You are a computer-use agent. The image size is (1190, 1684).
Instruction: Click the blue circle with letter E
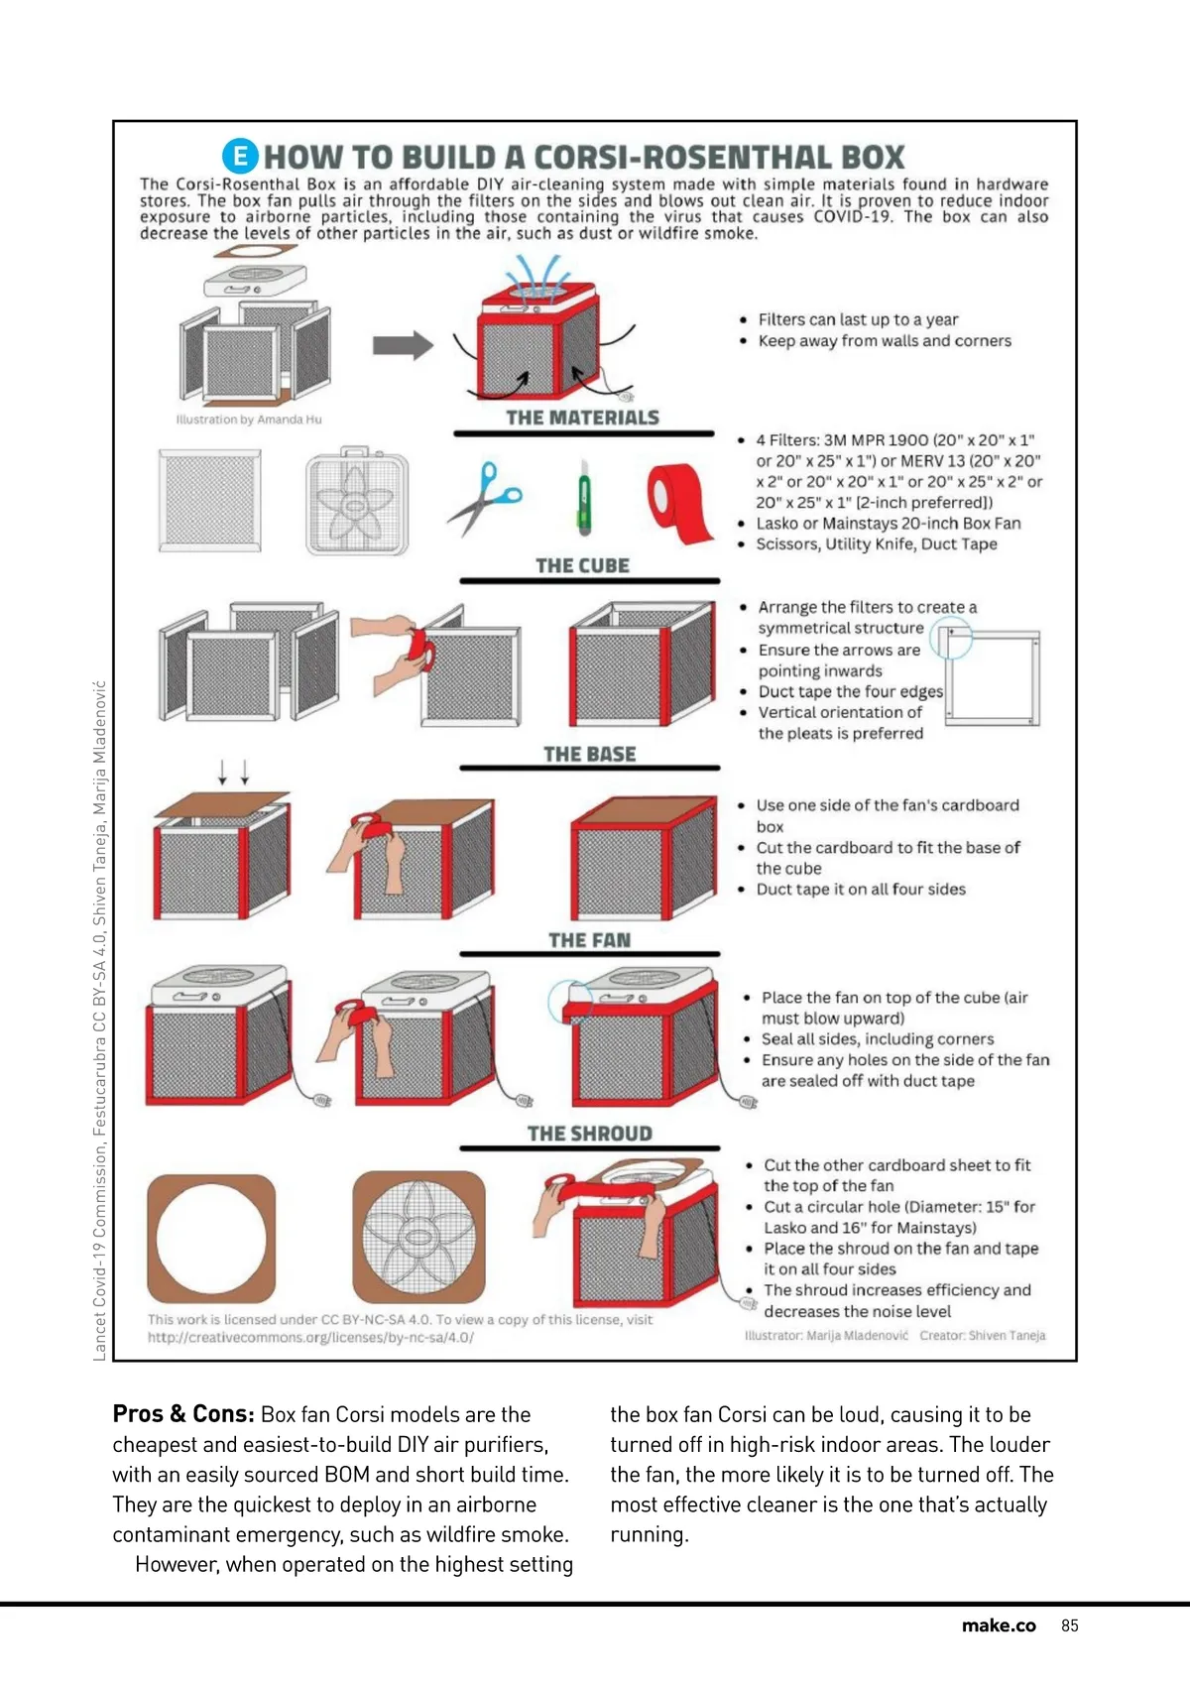(x=239, y=156)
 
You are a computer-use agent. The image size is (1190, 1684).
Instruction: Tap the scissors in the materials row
(x=484, y=498)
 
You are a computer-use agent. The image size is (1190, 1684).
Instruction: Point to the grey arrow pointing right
(x=403, y=345)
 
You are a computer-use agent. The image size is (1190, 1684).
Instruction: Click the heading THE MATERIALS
(x=582, y=419)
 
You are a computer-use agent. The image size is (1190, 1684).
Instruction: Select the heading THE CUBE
(x=582, y=566)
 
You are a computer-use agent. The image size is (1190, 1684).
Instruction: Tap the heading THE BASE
(x=589, y=755)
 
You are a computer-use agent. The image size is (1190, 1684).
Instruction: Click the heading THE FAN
(x=589, y=940)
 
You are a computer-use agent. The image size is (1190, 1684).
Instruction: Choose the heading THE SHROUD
(x=589, y=1134)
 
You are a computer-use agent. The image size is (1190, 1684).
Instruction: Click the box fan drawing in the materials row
(x=357, y=502)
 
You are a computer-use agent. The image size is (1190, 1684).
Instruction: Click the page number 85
(x=1069, y=1625)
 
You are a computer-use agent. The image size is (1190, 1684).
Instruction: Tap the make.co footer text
(x=998, y=1625)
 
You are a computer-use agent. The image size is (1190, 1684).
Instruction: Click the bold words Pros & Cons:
(x=183, y=1414)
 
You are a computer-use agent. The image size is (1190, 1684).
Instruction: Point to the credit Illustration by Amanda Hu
(x=249, y=420)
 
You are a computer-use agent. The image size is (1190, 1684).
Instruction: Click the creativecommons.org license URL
(x=310, y=1338)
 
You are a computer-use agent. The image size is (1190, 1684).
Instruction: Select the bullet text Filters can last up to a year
(x=858, y=319)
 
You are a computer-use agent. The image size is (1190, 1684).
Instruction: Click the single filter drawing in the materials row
(x=210, y=501)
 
